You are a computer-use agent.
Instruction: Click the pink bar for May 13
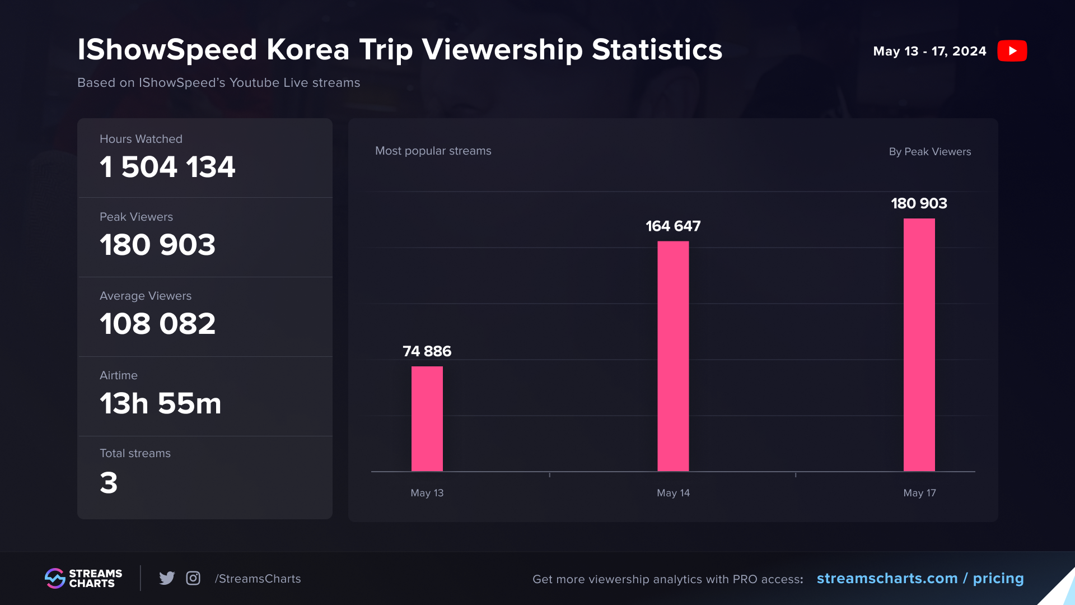pyautogui.click(x=427, y=418)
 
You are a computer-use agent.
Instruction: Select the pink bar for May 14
pyautogui.click(x=673, y=356)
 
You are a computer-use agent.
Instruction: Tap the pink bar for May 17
pyautogui.click(x=919, y=345)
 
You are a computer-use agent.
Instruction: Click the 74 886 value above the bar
pyautogui.click(x=427, y=351)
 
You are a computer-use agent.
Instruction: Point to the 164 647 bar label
pyautogui.click(x=673, y=226)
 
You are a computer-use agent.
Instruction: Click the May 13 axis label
pyautogui.click(x=427, y=493)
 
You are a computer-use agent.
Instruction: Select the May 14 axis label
pyautogui.click(x=673, y=493)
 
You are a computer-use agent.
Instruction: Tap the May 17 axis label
pyautogui.click(x=919, y=493)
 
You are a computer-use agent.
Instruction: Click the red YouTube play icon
pyautogui.click(x=1012, y=51)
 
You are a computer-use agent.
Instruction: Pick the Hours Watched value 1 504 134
pyautogui.click(x=167, y=167)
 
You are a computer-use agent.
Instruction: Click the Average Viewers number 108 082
pyautogui.click(x=157, y=324)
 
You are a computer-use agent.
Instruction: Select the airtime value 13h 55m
pyautogui.click(x=160, y=403)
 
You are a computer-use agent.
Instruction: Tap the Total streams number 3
pyautogui.click(x=109, y=483)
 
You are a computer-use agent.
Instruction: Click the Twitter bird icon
pyautogui.click(x=167, y=578)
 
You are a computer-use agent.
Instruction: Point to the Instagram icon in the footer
pyautogui.click(x=193, y=578)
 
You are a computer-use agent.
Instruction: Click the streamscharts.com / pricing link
pyautogui.click(x=920, y=578)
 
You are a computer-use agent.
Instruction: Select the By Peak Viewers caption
pyautogui.click(x=929, y=152)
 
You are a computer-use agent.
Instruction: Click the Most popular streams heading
pyautogui.click(x=433, y=151)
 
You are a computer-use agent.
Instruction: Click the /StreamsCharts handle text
pyautogui.click(x=258, y=579)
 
